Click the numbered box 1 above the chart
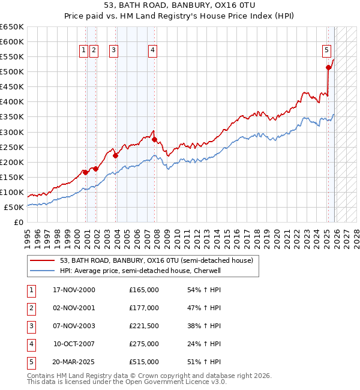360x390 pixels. point(83,51)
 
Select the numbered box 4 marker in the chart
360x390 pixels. point(153,51)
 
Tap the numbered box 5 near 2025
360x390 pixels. point(326,51)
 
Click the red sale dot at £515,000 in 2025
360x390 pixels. point(328,68)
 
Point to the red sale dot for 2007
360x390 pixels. point(154,140)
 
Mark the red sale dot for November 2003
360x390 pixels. point(115,155)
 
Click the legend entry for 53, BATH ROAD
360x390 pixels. point(157,260)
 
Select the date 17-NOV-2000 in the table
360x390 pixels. point(74,290)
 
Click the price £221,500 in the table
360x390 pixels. point(143,326)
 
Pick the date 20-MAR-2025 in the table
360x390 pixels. point(74,362)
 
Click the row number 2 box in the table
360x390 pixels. point(31,308)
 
